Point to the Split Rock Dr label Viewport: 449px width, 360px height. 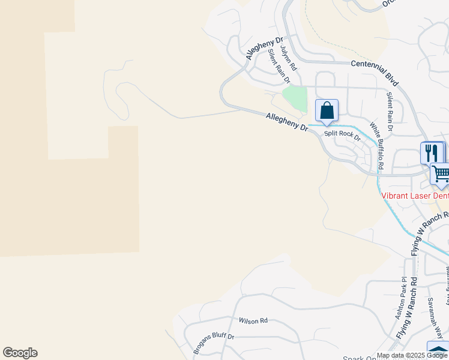[342, 136]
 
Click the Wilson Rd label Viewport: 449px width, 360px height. [252, 321]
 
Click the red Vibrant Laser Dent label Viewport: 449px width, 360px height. [415, 196]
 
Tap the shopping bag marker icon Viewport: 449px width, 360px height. [327, 110]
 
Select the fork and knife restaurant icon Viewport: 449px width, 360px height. [432, 153]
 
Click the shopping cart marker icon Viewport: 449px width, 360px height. [441, 174]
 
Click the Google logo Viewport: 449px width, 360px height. [20, 353]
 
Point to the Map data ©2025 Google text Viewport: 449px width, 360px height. [412, 355]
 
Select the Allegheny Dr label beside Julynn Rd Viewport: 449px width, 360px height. [264, 49]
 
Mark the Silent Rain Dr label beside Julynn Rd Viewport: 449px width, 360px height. [279, 66]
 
